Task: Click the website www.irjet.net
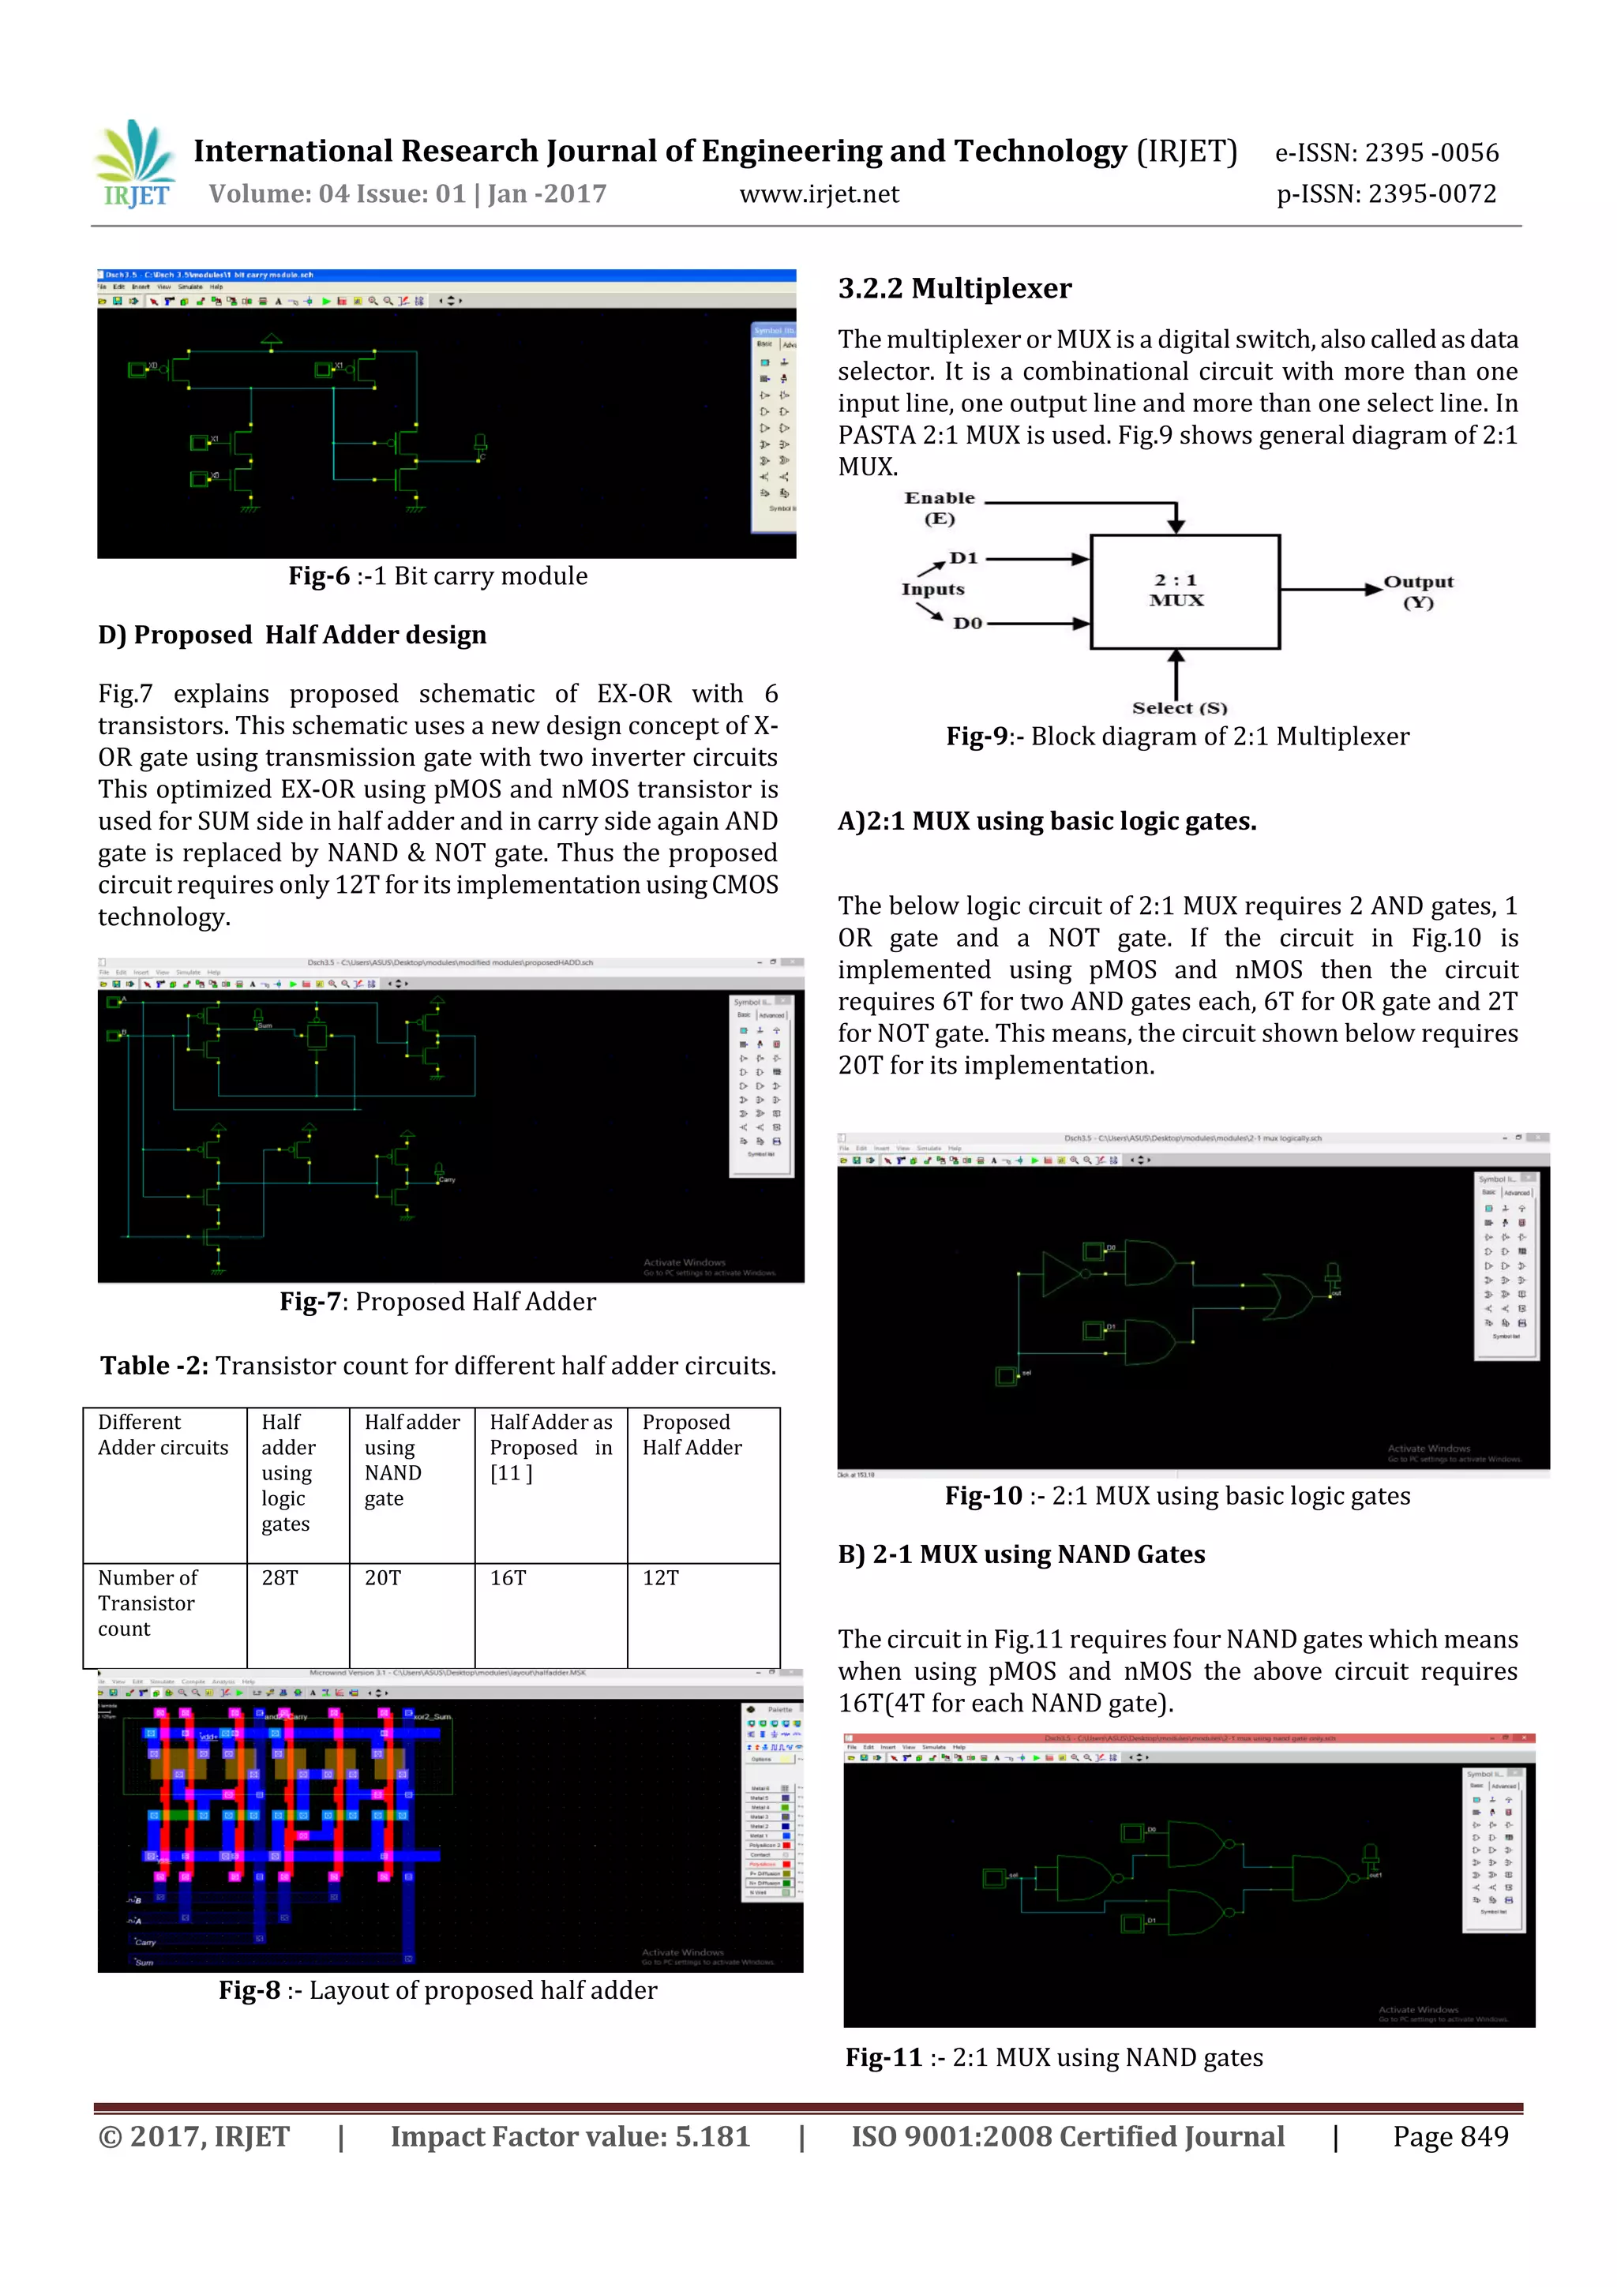[x=818, y=194]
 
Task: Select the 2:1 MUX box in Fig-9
[x=1184, y=590]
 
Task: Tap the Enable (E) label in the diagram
[x=939, y=507]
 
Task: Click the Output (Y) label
[x=1418, y=591]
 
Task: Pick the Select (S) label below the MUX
[x=1179, y=708]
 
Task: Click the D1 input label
[x=963, y=558]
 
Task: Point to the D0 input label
[x=966, y=624]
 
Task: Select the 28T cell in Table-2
[x=280, y=1578]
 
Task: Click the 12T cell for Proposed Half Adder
[x=661, y=1578]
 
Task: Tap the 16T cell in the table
[x=508, y=1578]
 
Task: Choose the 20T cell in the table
[x=383, y=1578]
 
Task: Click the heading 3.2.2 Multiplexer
[x=955, y=289]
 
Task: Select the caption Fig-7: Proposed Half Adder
[x=437, y=1302]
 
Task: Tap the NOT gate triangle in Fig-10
[x=1062, y=1274]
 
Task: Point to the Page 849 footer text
[x=1450, y=2136]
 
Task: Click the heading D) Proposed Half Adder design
[x=292, y=635]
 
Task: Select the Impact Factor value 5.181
[x=570, y=2136]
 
